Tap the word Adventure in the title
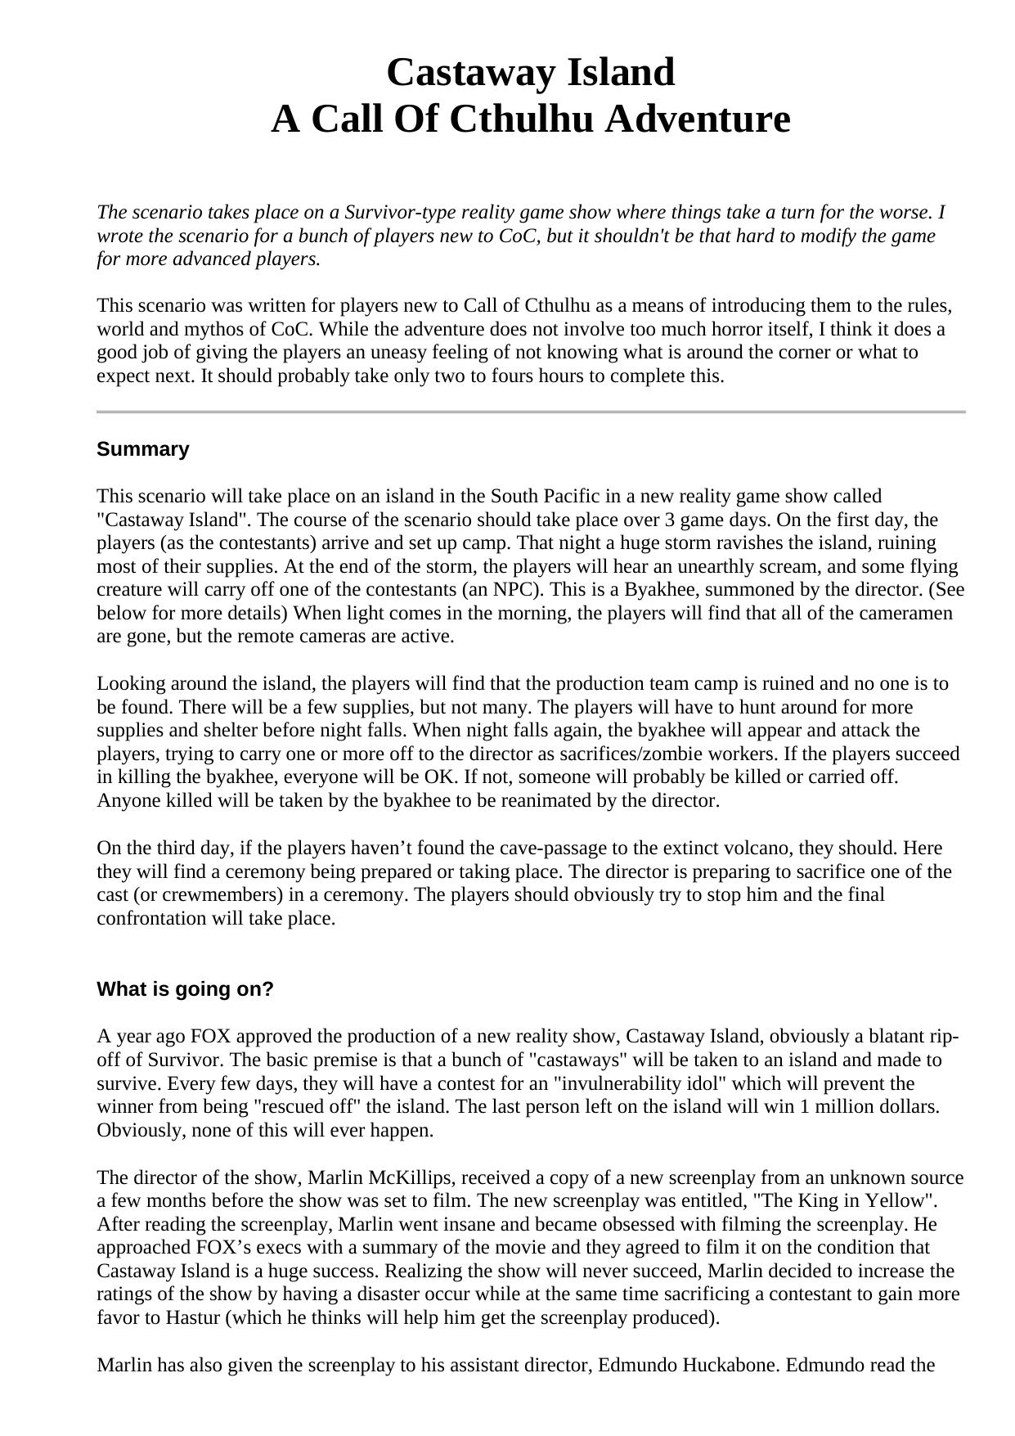698,119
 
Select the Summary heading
142,449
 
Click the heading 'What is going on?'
185,989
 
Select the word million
865,1107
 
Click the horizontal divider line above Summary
531,412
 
